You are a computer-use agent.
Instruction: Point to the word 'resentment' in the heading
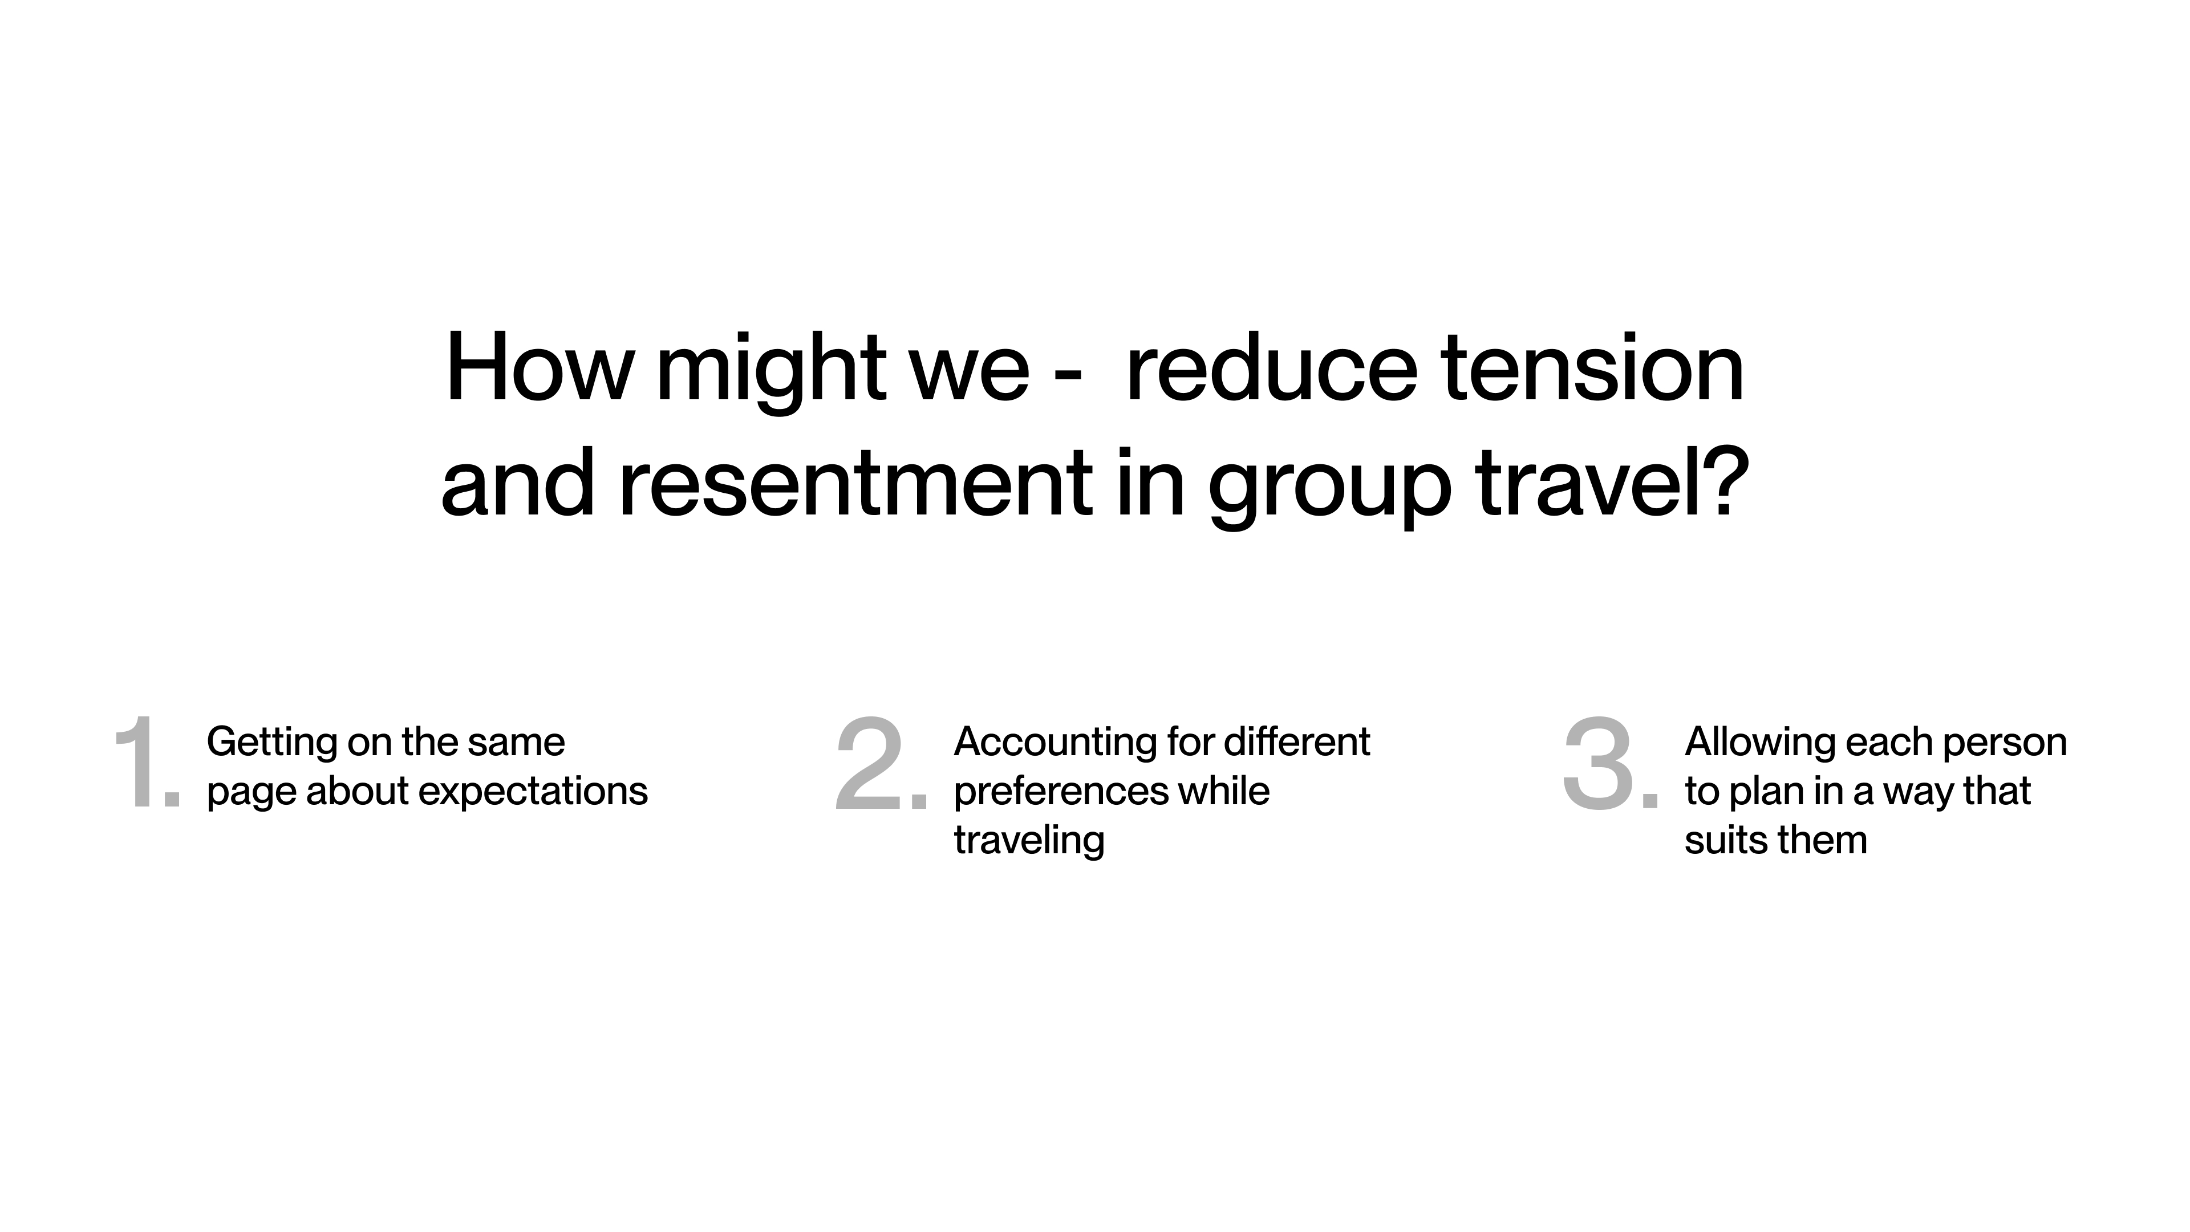(x=855, y=484)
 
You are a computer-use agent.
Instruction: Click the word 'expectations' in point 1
(x=534, y=792)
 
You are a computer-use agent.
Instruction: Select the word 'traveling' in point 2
(x=1029, y=841)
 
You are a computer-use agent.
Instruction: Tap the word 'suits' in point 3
(x=1727, y=841)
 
